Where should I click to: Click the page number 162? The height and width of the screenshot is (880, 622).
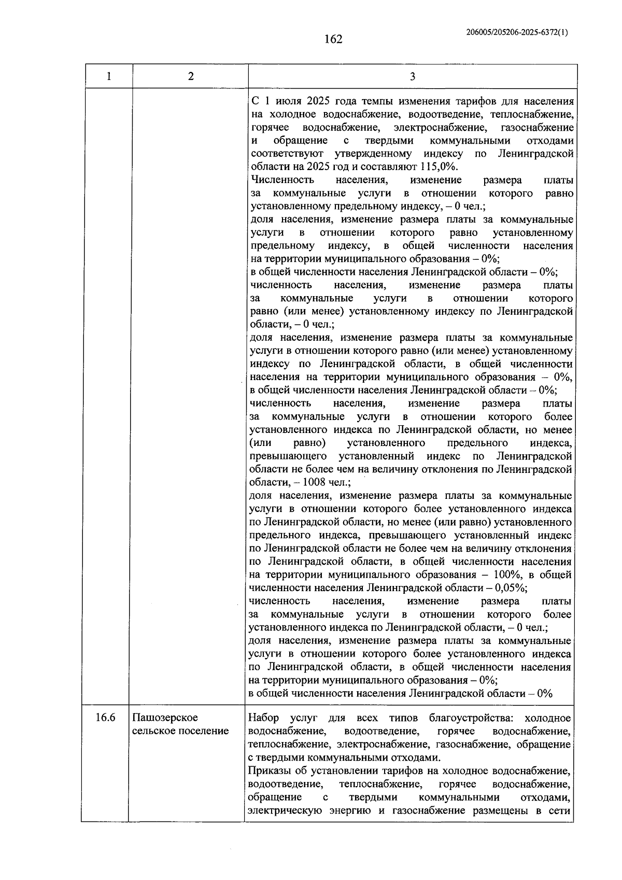pos(333,39)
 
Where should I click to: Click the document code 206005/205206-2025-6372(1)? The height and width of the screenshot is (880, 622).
pos(517,32)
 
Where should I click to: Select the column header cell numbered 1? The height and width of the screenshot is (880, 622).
pos(108,76)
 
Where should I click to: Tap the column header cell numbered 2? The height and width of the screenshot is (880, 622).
pos(191,76)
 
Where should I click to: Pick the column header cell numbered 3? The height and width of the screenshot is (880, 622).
pos(412,76)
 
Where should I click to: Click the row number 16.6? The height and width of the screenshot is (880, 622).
pos(105,718)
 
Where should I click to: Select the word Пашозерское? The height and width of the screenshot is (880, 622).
pos(165,718)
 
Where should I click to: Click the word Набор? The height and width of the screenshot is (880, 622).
pos(264,718)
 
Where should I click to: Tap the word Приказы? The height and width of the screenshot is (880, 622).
pos(270,771)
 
